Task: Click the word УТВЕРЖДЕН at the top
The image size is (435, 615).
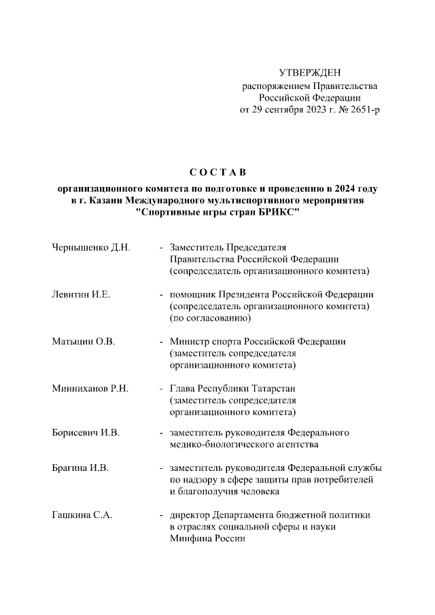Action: click(x=310, y=73)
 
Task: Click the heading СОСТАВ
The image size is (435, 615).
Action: click(x=217, y=171)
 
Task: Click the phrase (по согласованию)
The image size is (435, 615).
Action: click(x=211, y=318)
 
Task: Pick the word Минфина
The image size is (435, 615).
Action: click(x=190, y=538)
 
